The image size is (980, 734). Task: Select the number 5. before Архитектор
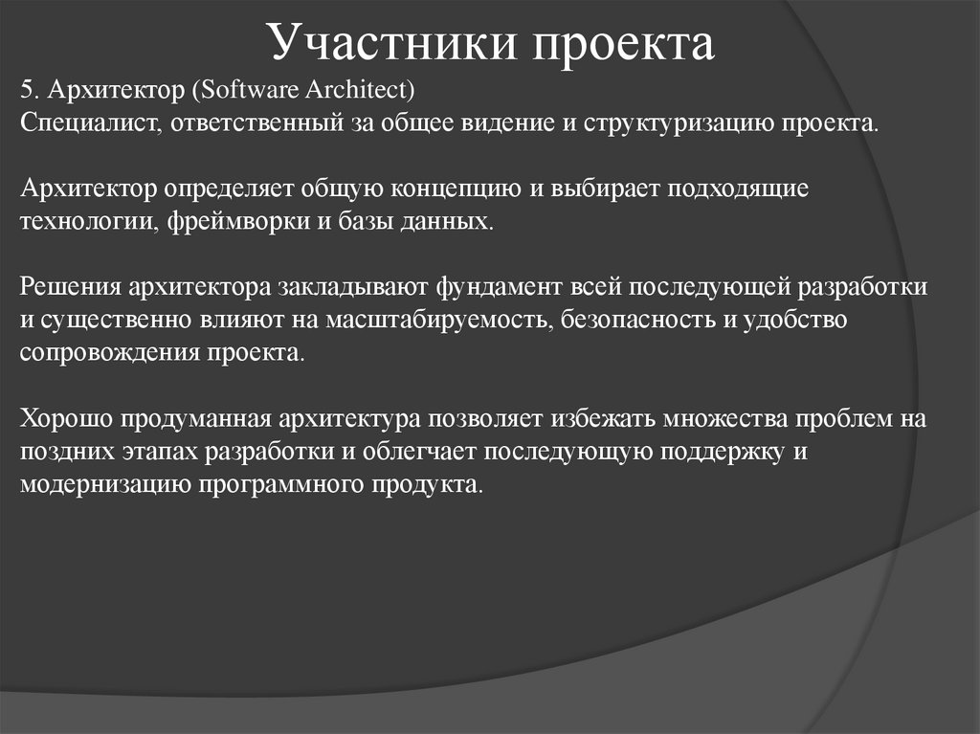30,91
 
